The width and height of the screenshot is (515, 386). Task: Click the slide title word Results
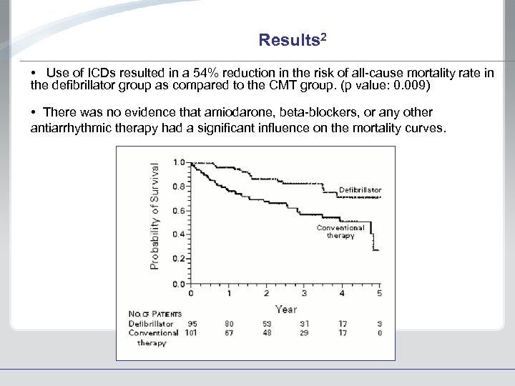pos(289,40)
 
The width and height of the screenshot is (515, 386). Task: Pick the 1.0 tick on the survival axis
pos(177,162)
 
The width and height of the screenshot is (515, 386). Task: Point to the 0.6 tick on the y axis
pos(177,211)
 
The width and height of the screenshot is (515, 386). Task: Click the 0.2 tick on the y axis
pos(177,259)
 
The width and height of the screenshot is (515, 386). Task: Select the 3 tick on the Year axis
pos(304,293)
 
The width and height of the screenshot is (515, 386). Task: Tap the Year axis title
pos(286,309)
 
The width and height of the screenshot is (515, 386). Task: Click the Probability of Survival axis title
pos(155,214)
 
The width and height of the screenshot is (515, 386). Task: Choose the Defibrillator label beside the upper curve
pos(360,190)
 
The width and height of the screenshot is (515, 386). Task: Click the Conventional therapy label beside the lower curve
pos(340,232)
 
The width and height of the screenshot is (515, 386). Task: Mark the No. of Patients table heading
pos(154,314)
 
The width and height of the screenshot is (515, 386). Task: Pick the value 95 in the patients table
pos(192,323)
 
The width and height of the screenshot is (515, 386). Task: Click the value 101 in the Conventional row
pos(191,332)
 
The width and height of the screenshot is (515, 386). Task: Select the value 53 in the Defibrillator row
pos(267,323)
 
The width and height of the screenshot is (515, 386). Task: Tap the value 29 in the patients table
pos(304,332)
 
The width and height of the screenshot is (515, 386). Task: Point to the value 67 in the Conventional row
pos(230,332)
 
